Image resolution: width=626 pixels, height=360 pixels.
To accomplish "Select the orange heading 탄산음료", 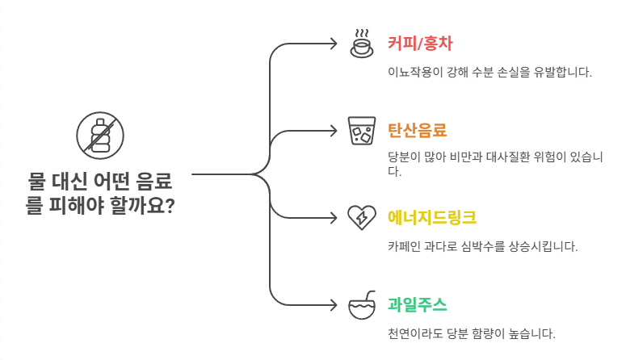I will pyautogui.click(x=418, y=130).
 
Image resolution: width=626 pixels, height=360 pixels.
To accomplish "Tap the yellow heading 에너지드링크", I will pyautogui.click(x=432, y=217).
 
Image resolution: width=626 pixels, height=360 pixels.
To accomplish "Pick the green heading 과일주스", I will pyautogui.click(x=418, y=304).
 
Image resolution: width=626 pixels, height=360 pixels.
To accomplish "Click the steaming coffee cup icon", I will pyautogui.click(x=361, y=43).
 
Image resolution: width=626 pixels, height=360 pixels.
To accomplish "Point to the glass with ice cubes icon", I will pyautogui.click(x=361, y=131).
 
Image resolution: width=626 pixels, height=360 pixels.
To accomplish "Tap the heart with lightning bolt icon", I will pyautogui.click(x=361, y=217).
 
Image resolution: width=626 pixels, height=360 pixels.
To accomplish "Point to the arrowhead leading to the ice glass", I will pyautogui.click(x=334, y=131).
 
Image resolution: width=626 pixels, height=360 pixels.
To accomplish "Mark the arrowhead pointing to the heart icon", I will pyautogui.click(x=334, y=218).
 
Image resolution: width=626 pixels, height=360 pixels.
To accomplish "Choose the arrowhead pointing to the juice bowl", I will pyautogui.click(x=334, y=305).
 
